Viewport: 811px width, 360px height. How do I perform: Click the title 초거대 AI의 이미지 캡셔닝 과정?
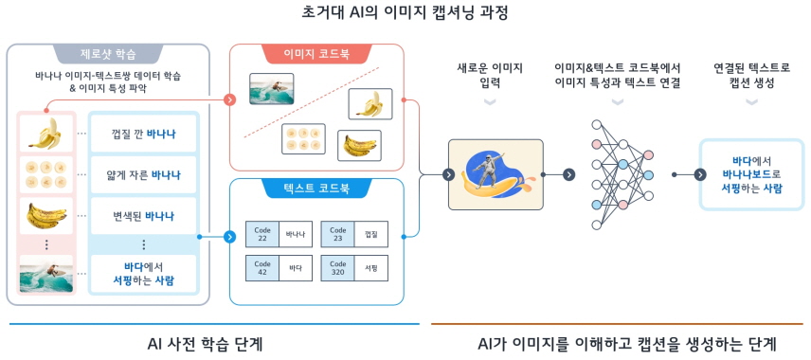click(405, 13)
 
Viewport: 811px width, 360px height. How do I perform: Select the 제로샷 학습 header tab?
click(107, 54)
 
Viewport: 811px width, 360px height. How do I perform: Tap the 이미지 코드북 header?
click(316, 54)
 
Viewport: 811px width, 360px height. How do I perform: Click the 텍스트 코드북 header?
click(316, 189)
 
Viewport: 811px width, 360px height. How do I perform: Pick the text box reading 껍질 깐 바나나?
click(143, 134)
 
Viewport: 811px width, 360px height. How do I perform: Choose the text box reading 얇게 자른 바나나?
click(143, 174)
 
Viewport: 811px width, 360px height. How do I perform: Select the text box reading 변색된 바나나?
click(143, 216)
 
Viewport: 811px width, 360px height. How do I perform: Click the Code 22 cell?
click(262, 232)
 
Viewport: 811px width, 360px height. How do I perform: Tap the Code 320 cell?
click(338, 270)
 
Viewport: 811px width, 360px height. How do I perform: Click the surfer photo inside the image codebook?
click(270, 89)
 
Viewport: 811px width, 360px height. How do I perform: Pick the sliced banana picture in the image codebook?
click(303, 139)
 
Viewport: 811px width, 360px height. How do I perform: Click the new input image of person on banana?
click(496, 173)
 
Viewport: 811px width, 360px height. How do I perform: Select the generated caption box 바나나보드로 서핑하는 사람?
click(751, 174)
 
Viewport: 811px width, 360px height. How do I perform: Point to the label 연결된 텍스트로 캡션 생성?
click(751, 77)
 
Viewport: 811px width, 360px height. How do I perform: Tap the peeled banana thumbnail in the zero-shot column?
click(45, 134)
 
